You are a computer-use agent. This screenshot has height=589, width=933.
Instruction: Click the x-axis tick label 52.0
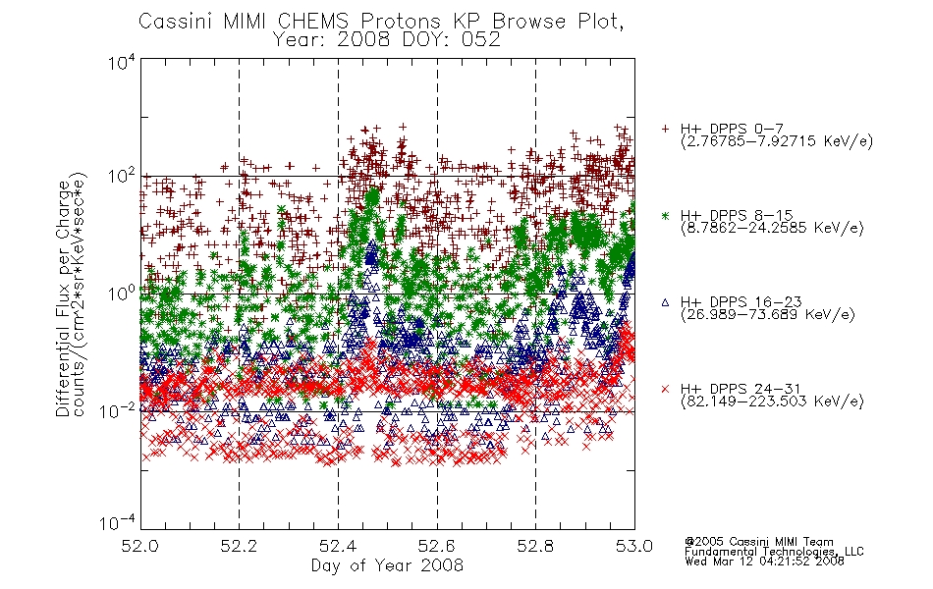(139, 546)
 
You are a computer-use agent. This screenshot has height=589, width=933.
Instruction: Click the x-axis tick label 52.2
(239, 546)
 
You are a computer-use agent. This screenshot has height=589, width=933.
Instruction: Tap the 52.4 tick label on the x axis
(338, 546)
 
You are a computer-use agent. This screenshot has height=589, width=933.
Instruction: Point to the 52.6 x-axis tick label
(437, 546)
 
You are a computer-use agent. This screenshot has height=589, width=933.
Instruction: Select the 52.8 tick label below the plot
(535, 546)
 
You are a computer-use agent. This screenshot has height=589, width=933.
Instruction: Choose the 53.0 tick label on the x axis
(634, 546)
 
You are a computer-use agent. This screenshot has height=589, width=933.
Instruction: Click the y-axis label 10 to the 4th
(122, 63)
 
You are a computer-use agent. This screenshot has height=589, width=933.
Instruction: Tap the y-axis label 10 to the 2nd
(122, 177)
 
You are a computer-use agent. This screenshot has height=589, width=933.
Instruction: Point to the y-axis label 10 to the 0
(122, 294)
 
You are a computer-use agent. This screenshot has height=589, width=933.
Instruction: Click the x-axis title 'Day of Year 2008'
(387, 565)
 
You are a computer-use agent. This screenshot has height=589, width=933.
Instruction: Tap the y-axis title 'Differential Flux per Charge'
(63, 298)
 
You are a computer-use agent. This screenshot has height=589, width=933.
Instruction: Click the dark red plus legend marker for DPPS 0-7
(665, 129)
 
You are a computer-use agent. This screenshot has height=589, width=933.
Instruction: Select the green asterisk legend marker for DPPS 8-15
(665, 215)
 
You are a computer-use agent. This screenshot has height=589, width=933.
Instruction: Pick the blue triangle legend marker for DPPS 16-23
(665, 302)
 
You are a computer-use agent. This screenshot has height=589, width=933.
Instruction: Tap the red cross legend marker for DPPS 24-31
(665, 389)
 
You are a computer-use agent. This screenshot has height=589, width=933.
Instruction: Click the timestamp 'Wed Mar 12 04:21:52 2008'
(765, 561)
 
